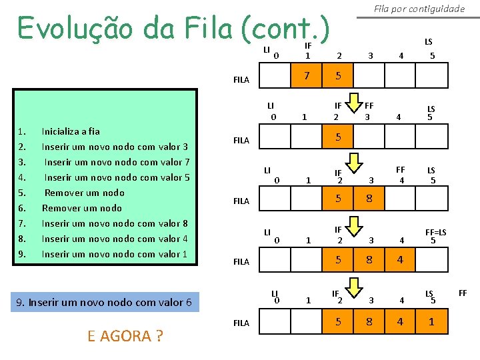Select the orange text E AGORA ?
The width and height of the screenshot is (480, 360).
point(125,336)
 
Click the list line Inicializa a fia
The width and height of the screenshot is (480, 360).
point(71,131)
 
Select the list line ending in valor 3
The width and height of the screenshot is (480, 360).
point(115,147)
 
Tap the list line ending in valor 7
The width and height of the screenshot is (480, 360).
point(117,162)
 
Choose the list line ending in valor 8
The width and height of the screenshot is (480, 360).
point(115,223)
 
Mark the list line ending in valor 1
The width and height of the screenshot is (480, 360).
point(115,254)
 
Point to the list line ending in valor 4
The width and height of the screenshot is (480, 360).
point(115,239)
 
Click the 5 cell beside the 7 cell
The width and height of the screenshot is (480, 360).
point(339,76)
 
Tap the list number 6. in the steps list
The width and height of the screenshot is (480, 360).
point(21,208)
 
